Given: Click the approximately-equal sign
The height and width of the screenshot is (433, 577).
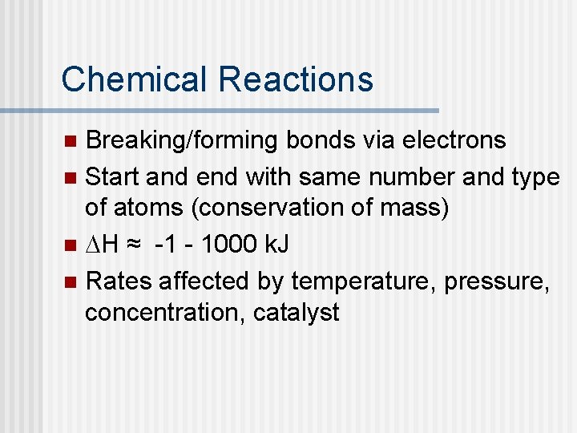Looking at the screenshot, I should [139, 245].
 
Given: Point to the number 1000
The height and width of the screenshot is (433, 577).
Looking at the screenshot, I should [231, 244].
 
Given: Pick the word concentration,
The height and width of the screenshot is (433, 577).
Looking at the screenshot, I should [165, 313].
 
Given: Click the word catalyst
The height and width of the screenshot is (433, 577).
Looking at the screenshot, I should [297, 313].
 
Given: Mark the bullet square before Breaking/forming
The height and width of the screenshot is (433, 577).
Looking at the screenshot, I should [71, 142].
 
